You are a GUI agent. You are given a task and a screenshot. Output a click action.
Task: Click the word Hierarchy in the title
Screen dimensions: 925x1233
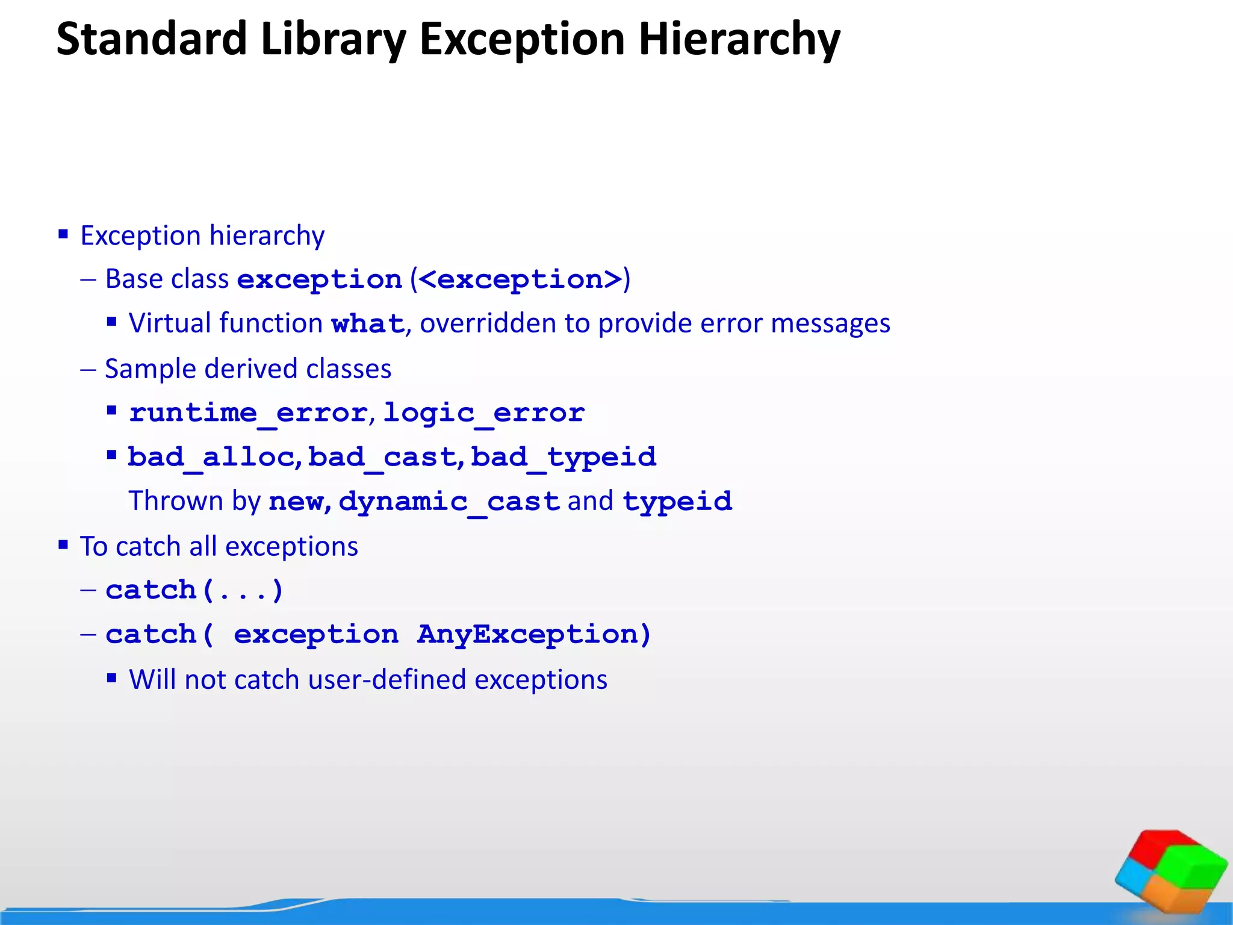pyautogui.click(x=739, y=40)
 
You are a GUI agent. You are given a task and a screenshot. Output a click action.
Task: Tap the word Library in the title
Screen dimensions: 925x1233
pyautogui.click(x=333, y=40)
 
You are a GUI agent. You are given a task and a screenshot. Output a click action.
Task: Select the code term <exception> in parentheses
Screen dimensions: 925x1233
pyautogui.click(x=520, y=279)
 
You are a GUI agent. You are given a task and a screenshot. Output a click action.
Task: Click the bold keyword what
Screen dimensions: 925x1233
pyautogui.click(x=367, y=324)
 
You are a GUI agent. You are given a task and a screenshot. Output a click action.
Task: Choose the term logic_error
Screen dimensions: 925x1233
pyautogui.click(x=483, y=413)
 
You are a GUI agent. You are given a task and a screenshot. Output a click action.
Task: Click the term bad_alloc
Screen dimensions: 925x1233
pyautogui.click(x=210, y=457)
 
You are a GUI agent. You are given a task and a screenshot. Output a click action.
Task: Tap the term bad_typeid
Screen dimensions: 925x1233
pyautogui.click(x=563, y=457)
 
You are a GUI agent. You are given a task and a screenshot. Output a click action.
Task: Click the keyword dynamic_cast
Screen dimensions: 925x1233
pyautogui.click(x=449, y=502)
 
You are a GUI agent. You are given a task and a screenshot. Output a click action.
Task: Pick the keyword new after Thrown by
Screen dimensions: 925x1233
pyautogui.click(x=296, y=502)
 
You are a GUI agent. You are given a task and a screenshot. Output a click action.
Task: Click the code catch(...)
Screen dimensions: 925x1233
pyautogui.click(x=194, y=590)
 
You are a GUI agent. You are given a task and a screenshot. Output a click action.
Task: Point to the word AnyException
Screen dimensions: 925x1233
pyautogui.click(x=533, y=635)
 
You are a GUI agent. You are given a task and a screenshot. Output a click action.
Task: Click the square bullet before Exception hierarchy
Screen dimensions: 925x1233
pyautogui.click(x=63, y=234)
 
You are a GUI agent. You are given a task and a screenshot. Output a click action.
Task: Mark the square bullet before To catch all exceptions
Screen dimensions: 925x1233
pyautogui.click(x=63, y=545)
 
